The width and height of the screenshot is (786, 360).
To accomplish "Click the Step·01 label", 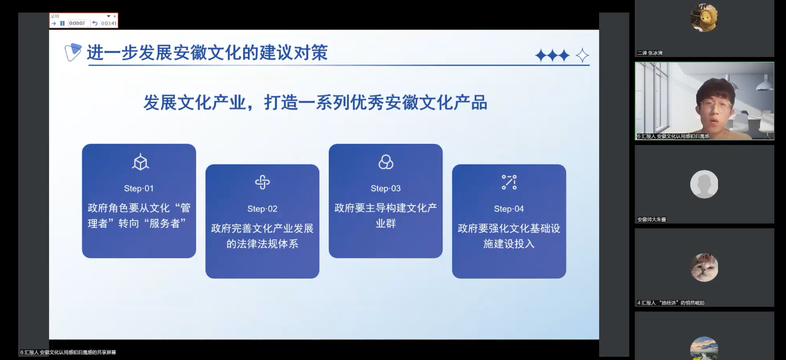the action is click(139, 189).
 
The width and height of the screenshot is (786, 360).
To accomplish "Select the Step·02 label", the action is click(262, 209).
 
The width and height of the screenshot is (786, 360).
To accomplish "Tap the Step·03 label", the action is click(386, 189).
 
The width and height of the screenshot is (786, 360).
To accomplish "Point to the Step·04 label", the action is click(509, 209).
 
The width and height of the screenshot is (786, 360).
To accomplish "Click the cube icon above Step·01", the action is click(140, 162).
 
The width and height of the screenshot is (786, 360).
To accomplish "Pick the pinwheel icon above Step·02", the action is click(262, 182).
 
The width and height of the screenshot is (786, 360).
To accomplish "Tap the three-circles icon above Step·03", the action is click(386, 162).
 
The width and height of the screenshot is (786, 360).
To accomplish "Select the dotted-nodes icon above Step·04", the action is click(509, 182).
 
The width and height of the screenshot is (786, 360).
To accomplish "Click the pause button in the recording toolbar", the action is click(62, 23).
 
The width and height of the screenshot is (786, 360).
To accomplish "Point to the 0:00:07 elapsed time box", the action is click(78, 23).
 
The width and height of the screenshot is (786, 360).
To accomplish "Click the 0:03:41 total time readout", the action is click(109, 24).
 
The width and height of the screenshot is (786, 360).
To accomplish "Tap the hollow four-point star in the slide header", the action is click(582, 56).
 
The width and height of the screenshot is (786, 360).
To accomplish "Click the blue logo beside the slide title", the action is click(73, 52).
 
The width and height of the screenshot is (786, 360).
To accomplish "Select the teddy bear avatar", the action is click(704, 18).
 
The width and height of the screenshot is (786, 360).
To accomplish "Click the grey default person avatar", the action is click(704, 184).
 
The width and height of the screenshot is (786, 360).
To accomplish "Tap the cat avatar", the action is click(704, 268).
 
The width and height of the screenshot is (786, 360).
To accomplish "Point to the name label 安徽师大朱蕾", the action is click(651, 219).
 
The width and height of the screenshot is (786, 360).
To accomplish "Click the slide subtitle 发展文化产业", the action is click(194, 103).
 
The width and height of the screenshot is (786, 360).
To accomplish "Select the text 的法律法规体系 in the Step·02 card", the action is click(262, 244).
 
